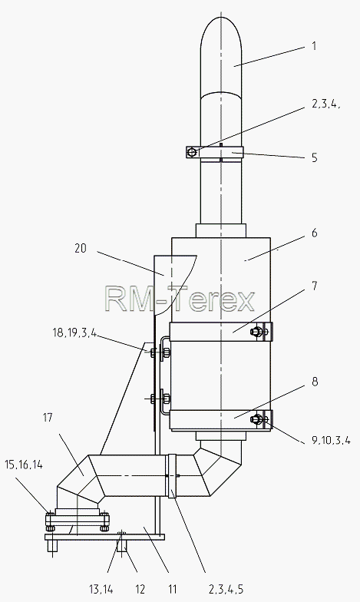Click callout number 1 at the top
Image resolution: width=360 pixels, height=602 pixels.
click(314, 46)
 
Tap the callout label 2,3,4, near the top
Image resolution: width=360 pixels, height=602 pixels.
click(325, 104)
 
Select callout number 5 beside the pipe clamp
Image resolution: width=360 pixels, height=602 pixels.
click(315, 157)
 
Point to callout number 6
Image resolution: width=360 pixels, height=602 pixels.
click(315, 233)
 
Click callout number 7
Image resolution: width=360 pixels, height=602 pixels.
click(315, 286)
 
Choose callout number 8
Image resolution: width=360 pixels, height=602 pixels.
click(315, 382)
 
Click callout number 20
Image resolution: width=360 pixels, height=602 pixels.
click(81, 249)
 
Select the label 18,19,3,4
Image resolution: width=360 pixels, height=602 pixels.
click(74, 333)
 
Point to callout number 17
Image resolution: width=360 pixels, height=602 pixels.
click(48, 418)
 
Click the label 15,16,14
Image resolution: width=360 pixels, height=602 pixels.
click(24, 465)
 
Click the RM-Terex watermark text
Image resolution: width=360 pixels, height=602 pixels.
click(180, 299)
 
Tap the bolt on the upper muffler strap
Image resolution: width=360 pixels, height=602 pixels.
click(256, 332)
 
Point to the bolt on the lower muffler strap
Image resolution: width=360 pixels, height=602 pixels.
click(256, 419)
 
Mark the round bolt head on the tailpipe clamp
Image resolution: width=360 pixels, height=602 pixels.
click(192, 153)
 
